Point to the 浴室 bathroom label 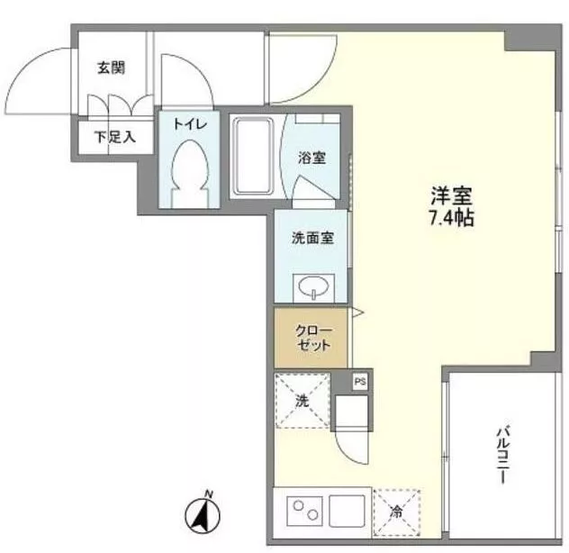click(x=312, y=157)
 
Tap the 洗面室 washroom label click(x=312, y=239)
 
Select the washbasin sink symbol click(x=312, y=288)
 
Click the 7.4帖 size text click(x=451, y=218)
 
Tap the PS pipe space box click(x=360, y=382)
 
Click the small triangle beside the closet click(x=357, y=313)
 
